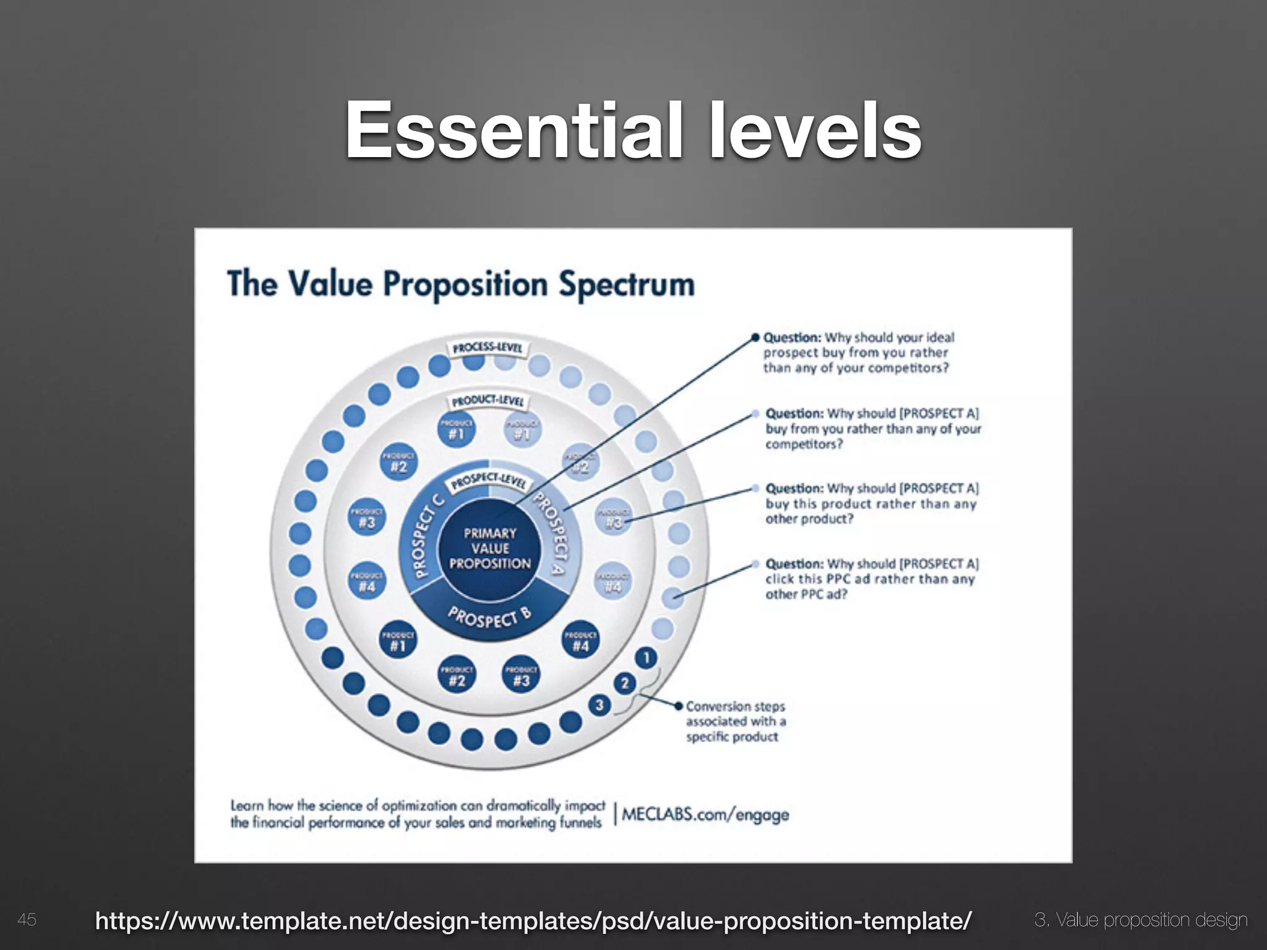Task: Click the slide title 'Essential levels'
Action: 633,131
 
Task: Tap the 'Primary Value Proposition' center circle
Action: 490,549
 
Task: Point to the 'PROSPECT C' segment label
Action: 422,536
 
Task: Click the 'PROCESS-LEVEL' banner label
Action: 488,348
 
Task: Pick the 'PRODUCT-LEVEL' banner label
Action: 488,401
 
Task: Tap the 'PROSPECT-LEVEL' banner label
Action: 489,480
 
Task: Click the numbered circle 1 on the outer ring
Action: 646,657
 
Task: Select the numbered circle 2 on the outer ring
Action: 625,683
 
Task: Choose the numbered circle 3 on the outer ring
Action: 599,705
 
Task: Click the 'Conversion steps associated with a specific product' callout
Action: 735,721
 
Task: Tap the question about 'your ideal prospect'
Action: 858,353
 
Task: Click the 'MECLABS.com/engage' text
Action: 705,814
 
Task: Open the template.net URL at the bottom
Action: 533,920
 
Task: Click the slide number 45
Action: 27,920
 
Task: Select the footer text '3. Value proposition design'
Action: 1141,920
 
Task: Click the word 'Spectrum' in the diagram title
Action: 627,285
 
